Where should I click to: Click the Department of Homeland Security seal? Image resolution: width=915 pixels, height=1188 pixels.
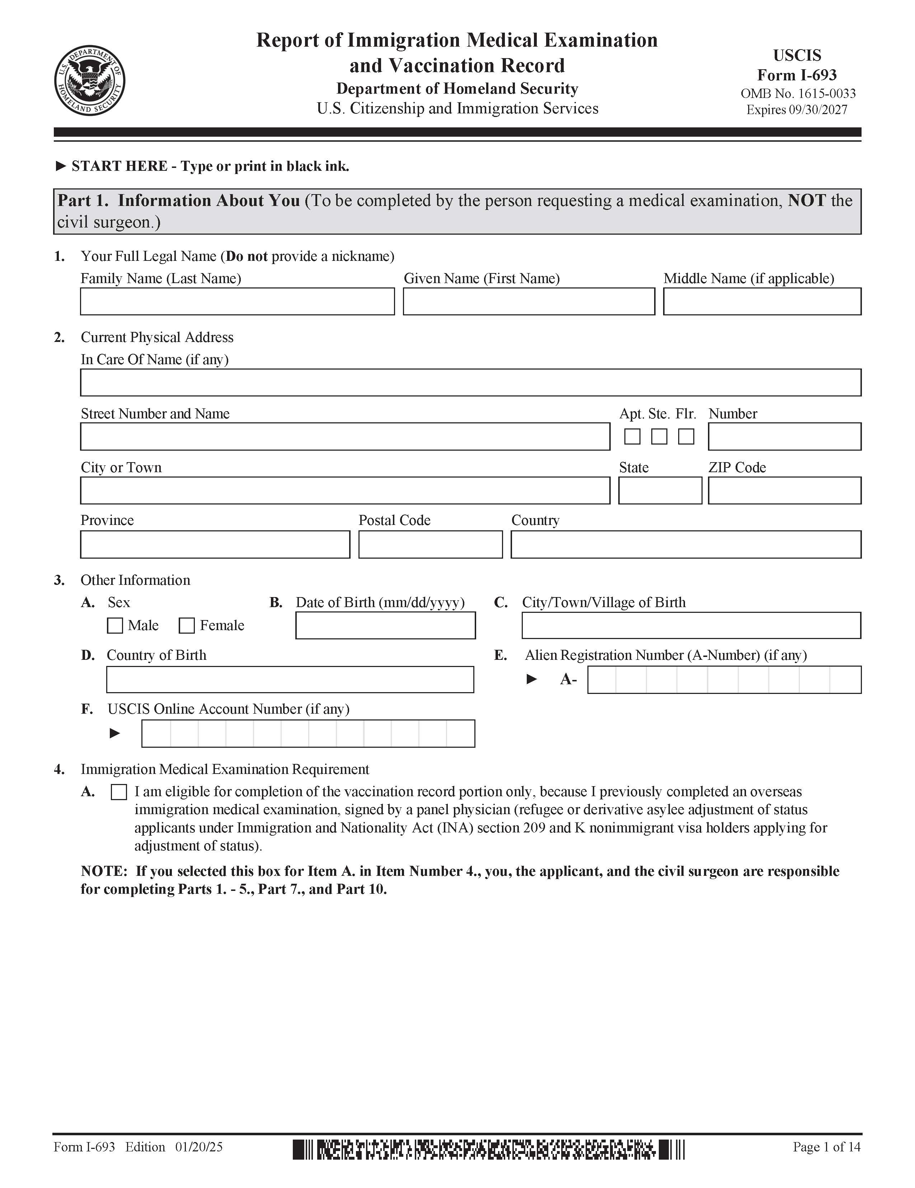pyautogui.click(x=90, y=80)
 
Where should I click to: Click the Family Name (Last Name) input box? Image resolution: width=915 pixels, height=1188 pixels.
pyautogui.click(x=237, y=301)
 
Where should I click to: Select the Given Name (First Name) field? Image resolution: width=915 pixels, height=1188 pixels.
pyautogui.click(x=529, y=301)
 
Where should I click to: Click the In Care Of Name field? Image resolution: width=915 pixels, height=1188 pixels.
pyautogui.click(x=470, y=382)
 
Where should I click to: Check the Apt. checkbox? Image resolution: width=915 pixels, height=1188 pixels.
pyautogui.click(x=632, y=436)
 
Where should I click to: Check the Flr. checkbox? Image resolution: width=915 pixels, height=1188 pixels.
pyautogui.click(x=686, y=436)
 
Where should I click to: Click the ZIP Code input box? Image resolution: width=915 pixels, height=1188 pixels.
pyautogui.click(x=784, y=490)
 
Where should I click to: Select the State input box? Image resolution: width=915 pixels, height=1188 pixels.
pyautogui.click(x=660, y=490)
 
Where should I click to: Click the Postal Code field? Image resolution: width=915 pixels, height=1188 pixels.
pyautogui.click(x=430, y=545)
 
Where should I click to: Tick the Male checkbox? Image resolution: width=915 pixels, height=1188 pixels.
pyautogui.click(x=115, y=625)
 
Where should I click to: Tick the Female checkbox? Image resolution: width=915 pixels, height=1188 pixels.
pyautogui.click(x=187, y=625)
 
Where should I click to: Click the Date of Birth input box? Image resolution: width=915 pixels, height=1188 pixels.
pyautogui.click(x=385, y=625)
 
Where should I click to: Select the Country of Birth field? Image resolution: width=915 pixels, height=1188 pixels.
pyautogui.click(x=290, y=680)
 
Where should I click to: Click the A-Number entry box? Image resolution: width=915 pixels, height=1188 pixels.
pyautogui.click(x=724, y=680)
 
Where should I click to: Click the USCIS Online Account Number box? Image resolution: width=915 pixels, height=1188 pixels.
pyautogui.click(x=308, y=733)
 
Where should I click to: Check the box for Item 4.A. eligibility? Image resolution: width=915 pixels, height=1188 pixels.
pyautogui.click(x=118, y=792)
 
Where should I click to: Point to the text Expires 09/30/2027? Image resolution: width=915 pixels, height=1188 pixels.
pyautogui.click(x=797, y=110)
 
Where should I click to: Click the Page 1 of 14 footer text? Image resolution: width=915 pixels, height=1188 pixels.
pyautogui.click(x=826, y=1147)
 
